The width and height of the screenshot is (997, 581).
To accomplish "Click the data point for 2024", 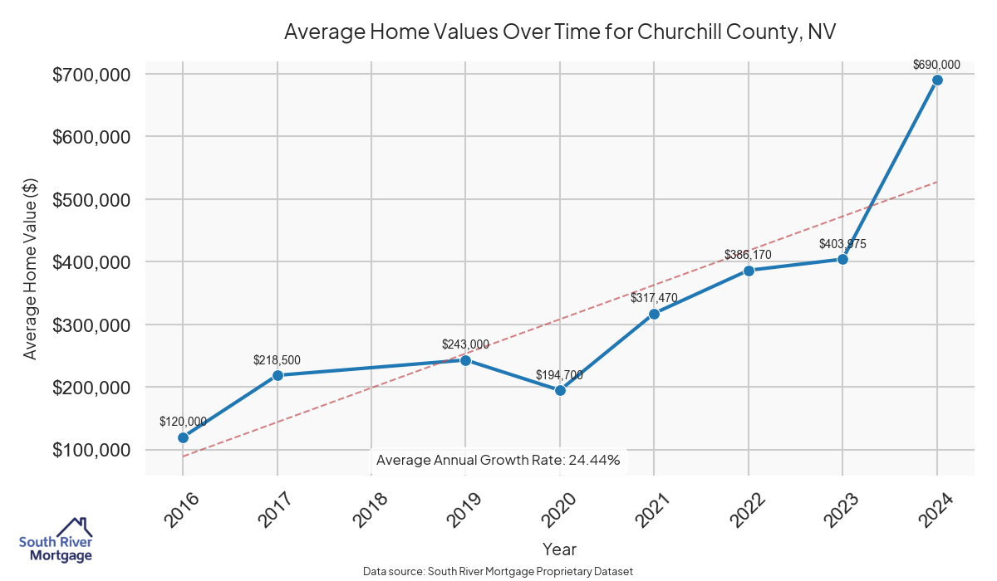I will [937, 80].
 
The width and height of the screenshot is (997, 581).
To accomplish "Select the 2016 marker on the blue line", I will [183, 437].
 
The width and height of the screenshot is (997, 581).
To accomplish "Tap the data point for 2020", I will [560, 390].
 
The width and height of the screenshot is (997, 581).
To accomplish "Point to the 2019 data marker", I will [465, 360].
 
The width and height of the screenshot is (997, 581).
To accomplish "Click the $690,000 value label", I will [936, 64].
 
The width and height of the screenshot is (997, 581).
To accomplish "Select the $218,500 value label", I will [277, 360].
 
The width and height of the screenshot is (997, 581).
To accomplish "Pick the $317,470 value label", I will [654, 297].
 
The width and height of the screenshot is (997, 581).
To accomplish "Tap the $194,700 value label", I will [559, 375].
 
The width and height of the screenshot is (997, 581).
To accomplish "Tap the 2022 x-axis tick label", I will [749, 510].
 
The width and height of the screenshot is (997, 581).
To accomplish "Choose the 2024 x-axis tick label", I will [937, 510].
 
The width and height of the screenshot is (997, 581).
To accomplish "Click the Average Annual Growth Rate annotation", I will [498, 460].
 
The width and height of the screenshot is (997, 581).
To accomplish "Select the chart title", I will [559, 32].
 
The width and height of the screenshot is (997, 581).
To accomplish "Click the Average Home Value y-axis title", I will [30, 269].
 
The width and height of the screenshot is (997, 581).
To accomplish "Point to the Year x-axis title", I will [559, 549].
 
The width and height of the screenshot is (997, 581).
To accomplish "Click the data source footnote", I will [498, 572].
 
